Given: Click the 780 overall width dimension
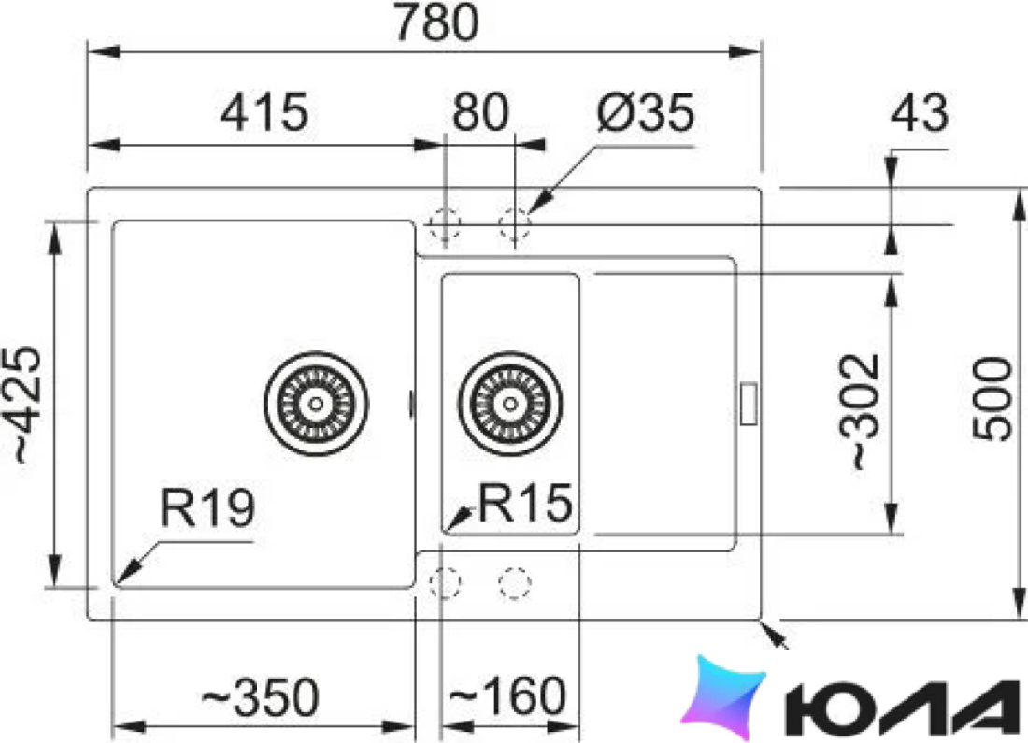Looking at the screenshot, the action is [436, 22].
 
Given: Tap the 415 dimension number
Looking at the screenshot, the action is [264, 112].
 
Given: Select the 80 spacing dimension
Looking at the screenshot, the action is [480, 112].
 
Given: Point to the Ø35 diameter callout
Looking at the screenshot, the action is [646, 112].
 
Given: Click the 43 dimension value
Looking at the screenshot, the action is [920, 112].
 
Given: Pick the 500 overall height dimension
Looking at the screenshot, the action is [992, 399].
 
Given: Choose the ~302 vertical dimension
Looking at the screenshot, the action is [859, 412].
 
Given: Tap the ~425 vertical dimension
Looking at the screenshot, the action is [27, 405].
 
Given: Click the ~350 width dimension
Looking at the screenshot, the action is [261, 696].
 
